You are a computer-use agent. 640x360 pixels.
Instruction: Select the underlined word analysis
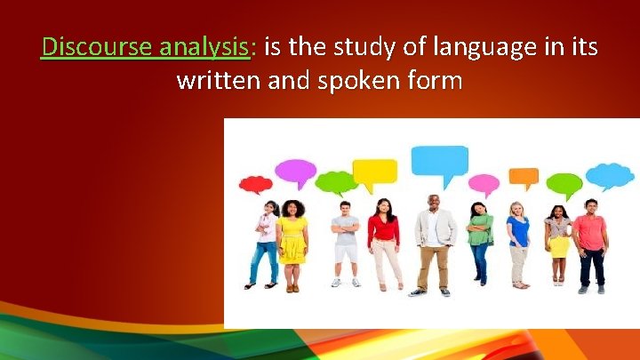204,45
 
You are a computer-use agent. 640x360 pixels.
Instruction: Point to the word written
219,81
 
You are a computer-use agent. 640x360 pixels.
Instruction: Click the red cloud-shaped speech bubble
256,184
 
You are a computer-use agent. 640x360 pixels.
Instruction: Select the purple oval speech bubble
295,169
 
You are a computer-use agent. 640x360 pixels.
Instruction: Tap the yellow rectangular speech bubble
374,170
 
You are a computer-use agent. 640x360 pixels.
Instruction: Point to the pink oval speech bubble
484,184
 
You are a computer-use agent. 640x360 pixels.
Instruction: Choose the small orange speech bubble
524,176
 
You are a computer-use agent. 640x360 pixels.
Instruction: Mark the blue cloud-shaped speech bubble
610,175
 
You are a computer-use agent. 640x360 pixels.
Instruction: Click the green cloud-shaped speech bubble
336,182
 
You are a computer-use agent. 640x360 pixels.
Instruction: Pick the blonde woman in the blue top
518,242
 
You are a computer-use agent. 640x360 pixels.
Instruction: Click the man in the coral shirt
591,243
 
